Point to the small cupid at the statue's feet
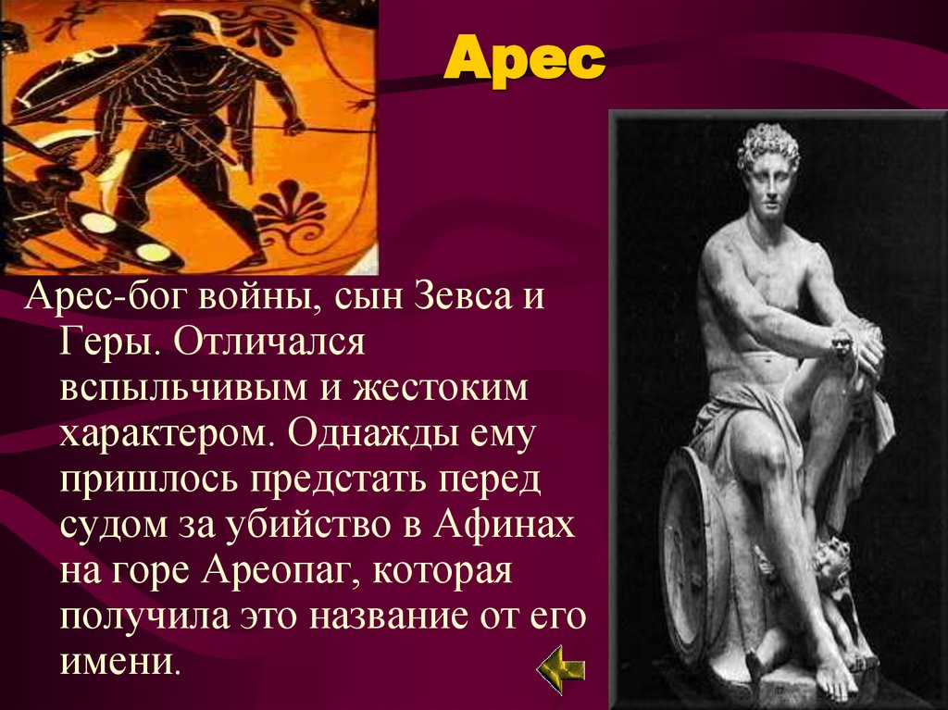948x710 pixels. click(x=833, y=574)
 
